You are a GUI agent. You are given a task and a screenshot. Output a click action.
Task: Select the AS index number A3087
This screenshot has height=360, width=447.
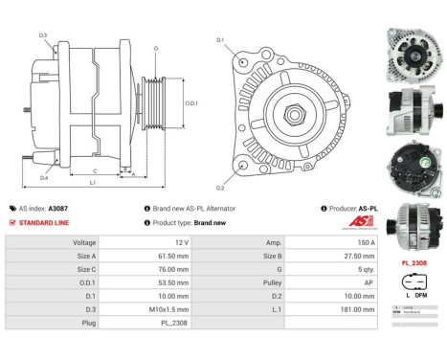coord(59,208)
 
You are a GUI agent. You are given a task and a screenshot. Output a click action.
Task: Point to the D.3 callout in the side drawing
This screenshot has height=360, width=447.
coord(43,35)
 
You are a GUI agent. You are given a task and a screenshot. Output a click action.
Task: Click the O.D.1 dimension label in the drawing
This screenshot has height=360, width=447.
coord(190,103)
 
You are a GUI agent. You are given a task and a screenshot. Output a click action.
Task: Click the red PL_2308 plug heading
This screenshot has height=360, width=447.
coord(413,262)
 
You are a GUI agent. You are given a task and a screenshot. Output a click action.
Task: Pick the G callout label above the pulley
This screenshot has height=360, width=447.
coord(156,47)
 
